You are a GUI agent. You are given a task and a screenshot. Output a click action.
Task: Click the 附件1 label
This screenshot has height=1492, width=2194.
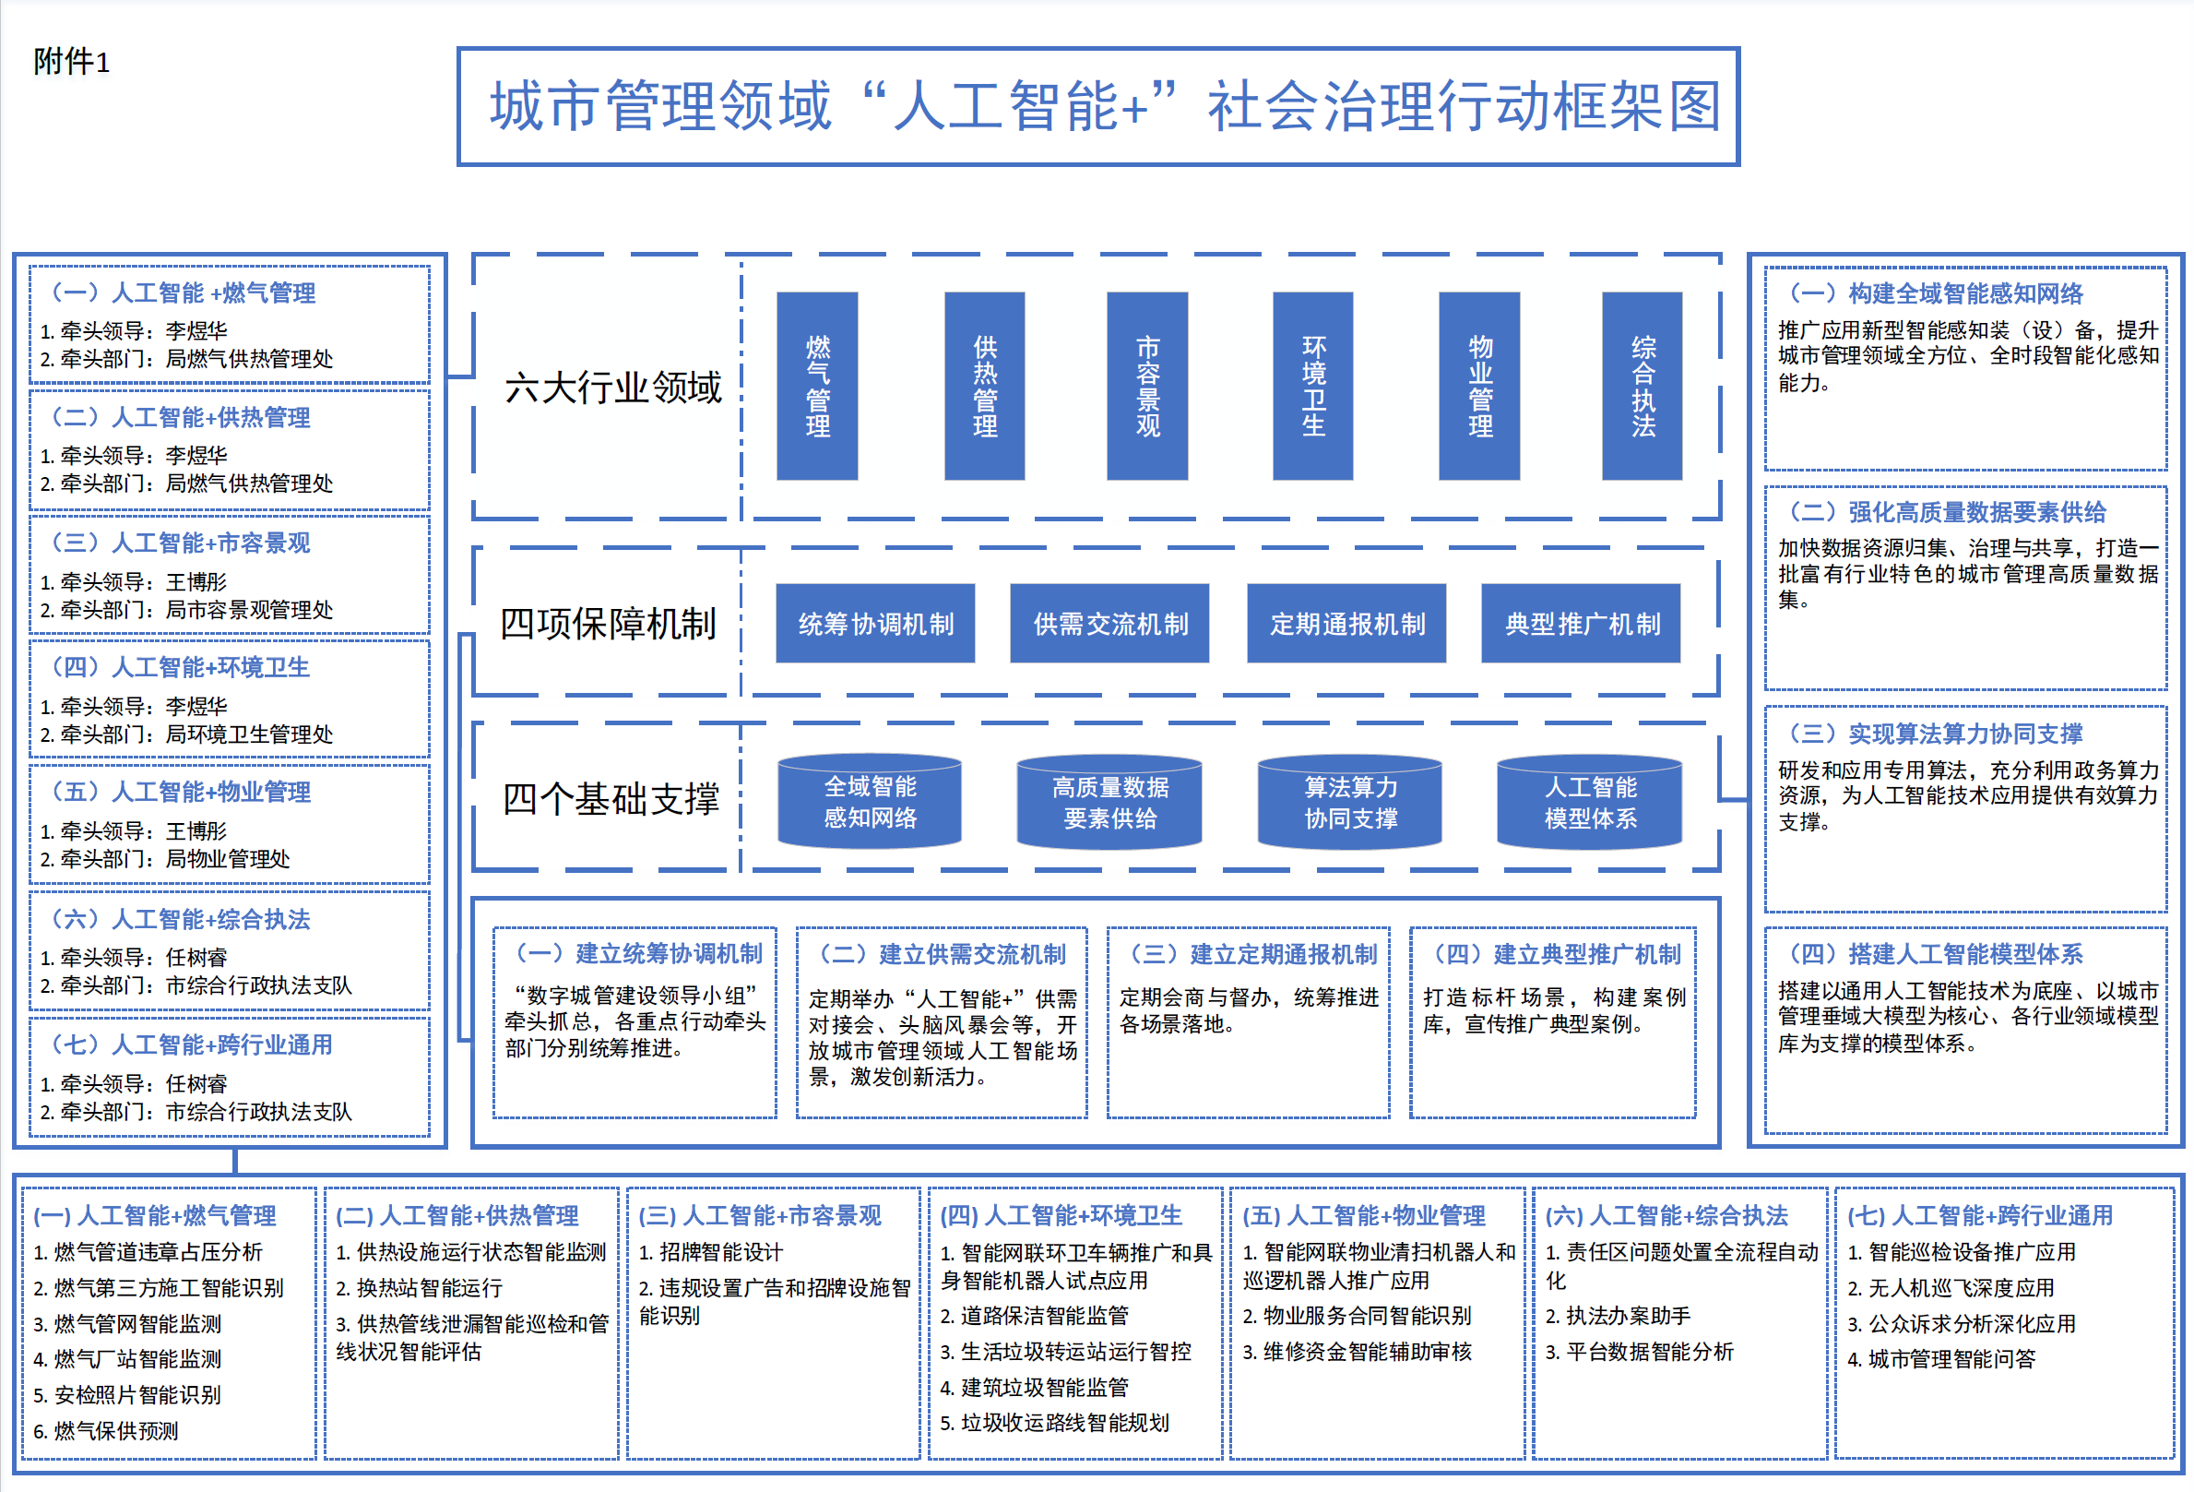72,63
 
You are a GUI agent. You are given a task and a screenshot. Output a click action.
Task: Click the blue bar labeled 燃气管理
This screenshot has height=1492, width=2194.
816,386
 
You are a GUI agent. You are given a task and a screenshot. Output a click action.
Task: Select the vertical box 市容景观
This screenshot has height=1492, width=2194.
1147,386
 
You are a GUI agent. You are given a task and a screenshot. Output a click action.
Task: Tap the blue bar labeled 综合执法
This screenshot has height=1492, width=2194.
1642,386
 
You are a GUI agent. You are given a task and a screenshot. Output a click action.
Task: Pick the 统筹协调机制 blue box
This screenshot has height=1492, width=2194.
875,623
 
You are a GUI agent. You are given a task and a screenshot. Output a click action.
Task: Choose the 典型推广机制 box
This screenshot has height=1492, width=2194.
1582,623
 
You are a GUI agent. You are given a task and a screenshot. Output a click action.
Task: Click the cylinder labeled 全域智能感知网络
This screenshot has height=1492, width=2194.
870,802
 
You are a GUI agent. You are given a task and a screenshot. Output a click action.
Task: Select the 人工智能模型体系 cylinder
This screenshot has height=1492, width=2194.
1590,802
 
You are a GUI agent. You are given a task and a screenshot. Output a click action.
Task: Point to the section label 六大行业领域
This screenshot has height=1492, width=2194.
612,388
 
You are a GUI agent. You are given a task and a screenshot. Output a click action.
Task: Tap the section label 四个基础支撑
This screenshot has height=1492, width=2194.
611,799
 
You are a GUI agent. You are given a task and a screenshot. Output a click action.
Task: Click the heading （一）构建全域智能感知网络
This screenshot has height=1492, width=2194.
1936,293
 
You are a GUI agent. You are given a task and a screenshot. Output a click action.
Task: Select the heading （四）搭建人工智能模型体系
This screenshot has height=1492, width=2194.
1936,954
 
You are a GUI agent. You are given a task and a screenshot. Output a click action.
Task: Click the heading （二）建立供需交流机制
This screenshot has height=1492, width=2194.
943,954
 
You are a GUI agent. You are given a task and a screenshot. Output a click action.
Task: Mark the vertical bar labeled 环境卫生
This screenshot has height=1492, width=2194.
1312,386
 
